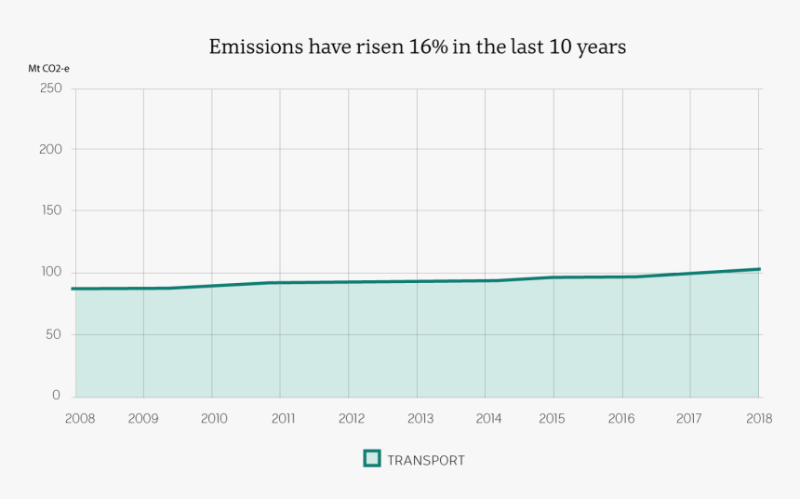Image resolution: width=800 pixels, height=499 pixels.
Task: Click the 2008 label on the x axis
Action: pyautogui.click(x=79, y=419)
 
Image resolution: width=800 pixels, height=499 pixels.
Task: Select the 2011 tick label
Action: pyautogui.click(x=283, y=419)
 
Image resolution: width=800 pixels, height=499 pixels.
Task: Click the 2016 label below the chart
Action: pyautogui.click(x=620, y=419)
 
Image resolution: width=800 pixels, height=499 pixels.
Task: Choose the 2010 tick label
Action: pyautogui.click(x=214, y=419)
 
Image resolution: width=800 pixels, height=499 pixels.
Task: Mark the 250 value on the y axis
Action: pyautogui.click(x=50, y=88)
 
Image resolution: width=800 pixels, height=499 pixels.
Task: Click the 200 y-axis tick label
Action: pyautogui.click(x=50, y=149)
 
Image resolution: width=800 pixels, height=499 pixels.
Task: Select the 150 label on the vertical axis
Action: pyautogui.click(x=50, y=210)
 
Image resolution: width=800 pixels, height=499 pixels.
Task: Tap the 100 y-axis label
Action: pyautogui.click(x=50, y=272)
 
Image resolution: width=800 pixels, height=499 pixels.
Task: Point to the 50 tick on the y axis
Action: pyautogui.click(x=53, y=333)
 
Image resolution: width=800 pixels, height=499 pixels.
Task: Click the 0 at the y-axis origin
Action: pyautogui.click(x=57, y=396)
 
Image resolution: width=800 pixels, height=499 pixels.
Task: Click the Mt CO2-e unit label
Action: pyautogui.click(x=48, y=68)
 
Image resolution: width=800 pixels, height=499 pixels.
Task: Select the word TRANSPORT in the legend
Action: pyautogui.click(x=425, y=460)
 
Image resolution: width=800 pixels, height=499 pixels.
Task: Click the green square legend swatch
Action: pyautogui.click(x=372, y=458)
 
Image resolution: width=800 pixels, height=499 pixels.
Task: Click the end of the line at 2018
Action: pyautogui.click(x=759, y=269)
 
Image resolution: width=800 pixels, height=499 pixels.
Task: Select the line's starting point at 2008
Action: pyautogui.click(x=73, y=289)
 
